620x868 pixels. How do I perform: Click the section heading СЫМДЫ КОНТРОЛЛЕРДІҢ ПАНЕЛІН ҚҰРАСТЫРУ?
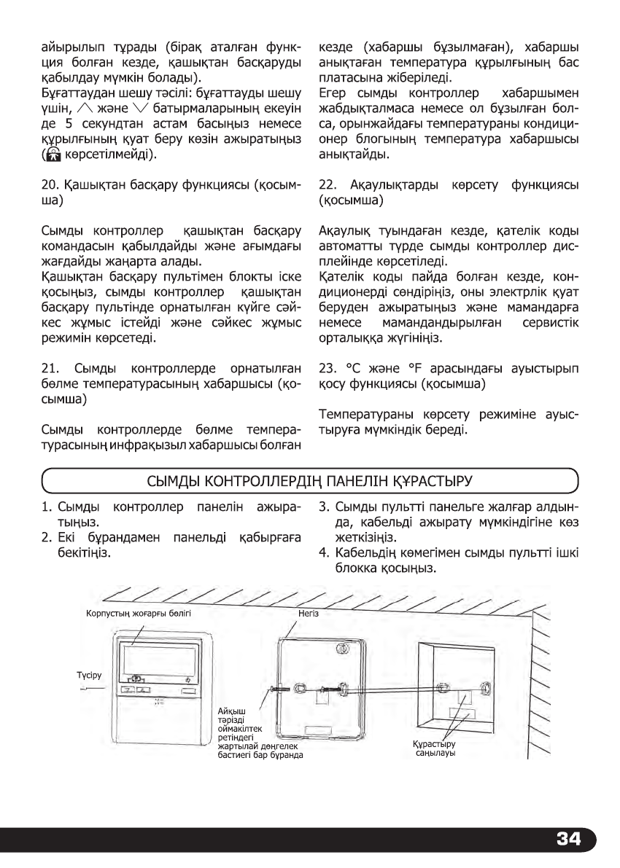click(x=309, y=481)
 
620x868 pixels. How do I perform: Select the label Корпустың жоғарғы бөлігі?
click(x=139, y=614)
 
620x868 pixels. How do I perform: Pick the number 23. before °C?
click(x=328, y=370)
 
